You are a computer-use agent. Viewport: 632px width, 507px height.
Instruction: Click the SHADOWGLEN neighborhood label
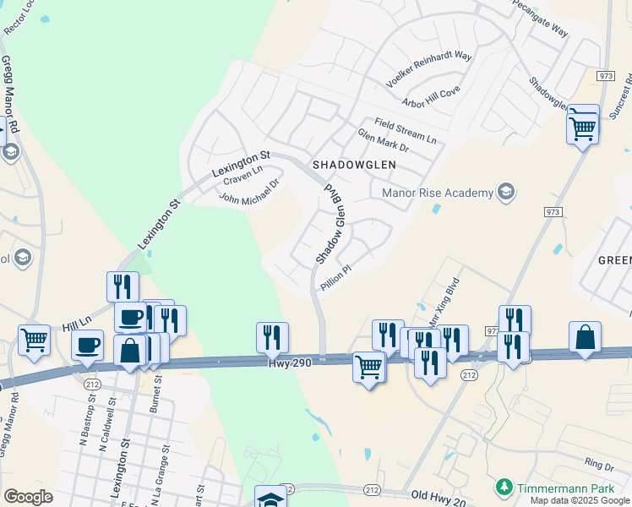353,165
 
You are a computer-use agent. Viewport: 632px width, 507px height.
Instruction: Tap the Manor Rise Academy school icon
506,193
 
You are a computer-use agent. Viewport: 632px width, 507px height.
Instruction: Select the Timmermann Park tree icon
504,487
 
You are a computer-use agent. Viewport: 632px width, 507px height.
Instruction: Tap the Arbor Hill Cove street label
431,97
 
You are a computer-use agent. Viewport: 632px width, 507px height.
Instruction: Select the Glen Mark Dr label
383,141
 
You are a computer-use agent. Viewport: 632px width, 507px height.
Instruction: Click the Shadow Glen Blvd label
329,224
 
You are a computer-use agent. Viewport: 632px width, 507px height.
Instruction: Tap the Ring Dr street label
598,465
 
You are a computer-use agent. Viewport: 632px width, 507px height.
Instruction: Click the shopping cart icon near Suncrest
583,127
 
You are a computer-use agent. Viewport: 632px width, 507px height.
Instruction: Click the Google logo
28,497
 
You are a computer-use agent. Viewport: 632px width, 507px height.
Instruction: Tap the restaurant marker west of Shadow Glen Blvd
272,337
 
